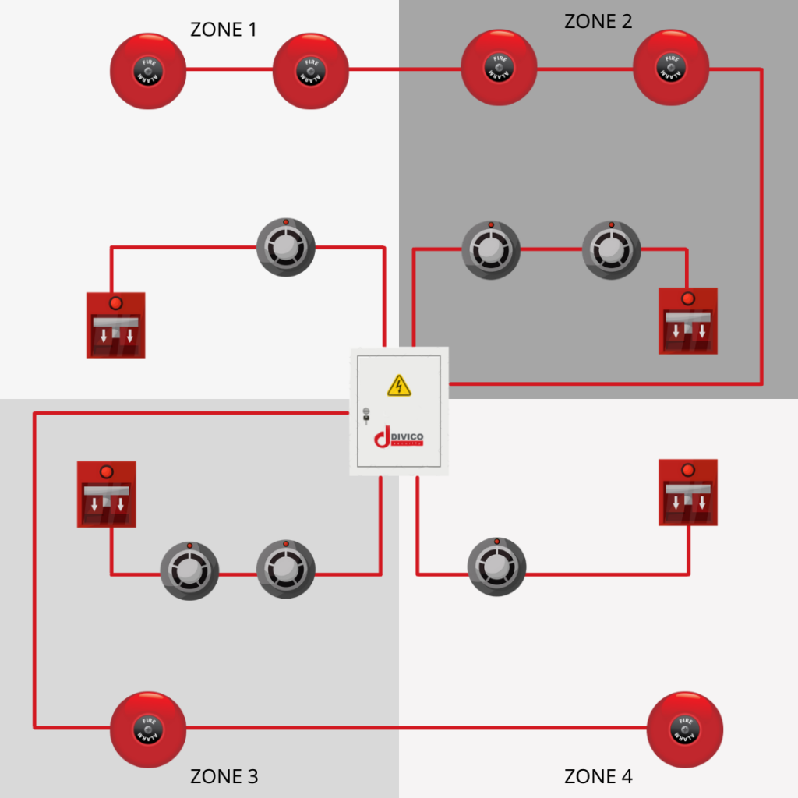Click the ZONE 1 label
click(224, 30)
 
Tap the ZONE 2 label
click(598, 21)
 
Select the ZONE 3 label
click(224, 776)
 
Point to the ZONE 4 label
click(598, 776)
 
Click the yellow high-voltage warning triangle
click(399, 385)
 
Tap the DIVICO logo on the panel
click(399, 437)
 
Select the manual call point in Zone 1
click(115, 325)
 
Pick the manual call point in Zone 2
click(687, 320)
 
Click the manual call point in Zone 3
click(107, 494)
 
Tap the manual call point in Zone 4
click(687, 492)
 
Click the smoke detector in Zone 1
click(286, 247)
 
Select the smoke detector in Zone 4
click(496, 567)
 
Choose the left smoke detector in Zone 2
click(491, 249)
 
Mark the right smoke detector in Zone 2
click(612, 249)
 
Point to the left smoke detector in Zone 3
click(189, 570)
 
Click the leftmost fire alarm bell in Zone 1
click(148, 70)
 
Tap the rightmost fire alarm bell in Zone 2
click(671, 68)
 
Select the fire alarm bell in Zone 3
click(148, 729)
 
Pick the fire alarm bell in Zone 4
click(685, 729)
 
